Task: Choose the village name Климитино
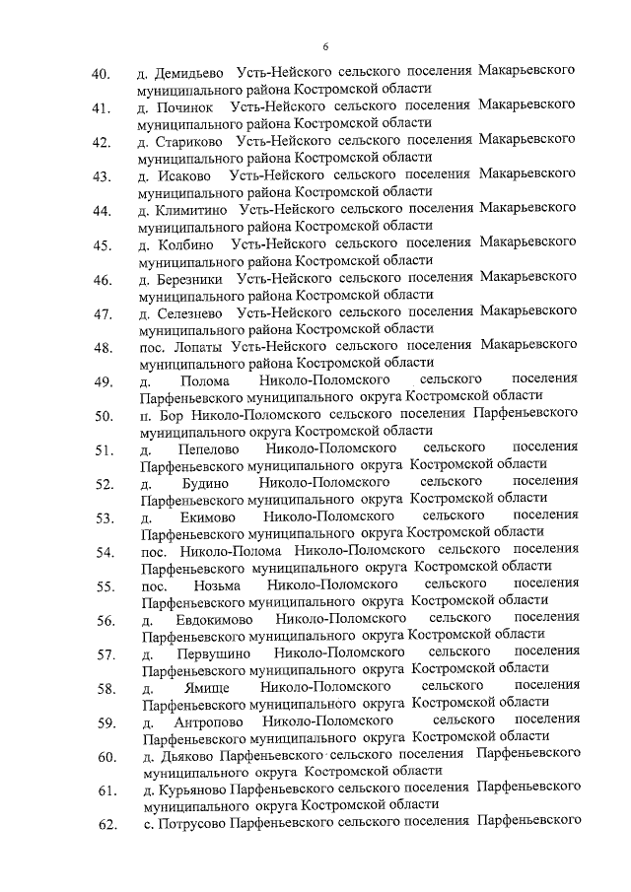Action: click(190, 210)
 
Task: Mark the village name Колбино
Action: click(185, 243)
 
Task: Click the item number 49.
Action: click(100, 383)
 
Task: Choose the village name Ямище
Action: click(205, 688)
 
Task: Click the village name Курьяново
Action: click(190, 790)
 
